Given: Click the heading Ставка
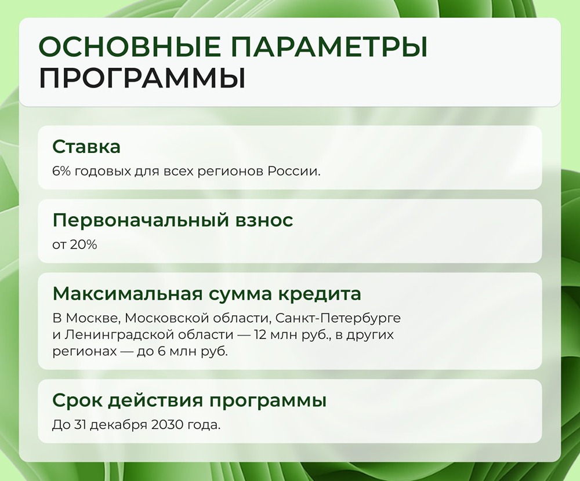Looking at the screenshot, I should [x=86, y=147].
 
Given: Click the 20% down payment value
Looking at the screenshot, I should [x=83, y=245].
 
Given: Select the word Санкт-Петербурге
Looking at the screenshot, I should [x=338, y=319].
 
